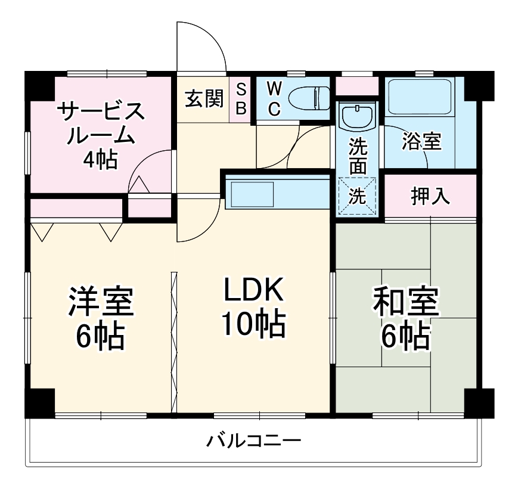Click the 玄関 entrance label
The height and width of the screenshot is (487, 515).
click(203, 98)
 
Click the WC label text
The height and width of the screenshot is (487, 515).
click(274, 98)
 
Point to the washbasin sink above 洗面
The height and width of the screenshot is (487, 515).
click(357, 116)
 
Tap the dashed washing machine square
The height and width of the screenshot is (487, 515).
click(357, 196)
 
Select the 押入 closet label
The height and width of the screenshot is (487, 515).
click(431, 196)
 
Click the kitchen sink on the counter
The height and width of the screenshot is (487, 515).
click(252, 194)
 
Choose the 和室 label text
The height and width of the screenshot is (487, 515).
click(406, 303)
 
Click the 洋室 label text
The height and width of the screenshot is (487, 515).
click(100, 303)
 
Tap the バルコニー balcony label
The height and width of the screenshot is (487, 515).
click(254, 442)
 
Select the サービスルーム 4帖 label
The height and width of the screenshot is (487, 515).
click(100, 135)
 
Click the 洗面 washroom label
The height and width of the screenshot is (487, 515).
click(358, 156)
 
